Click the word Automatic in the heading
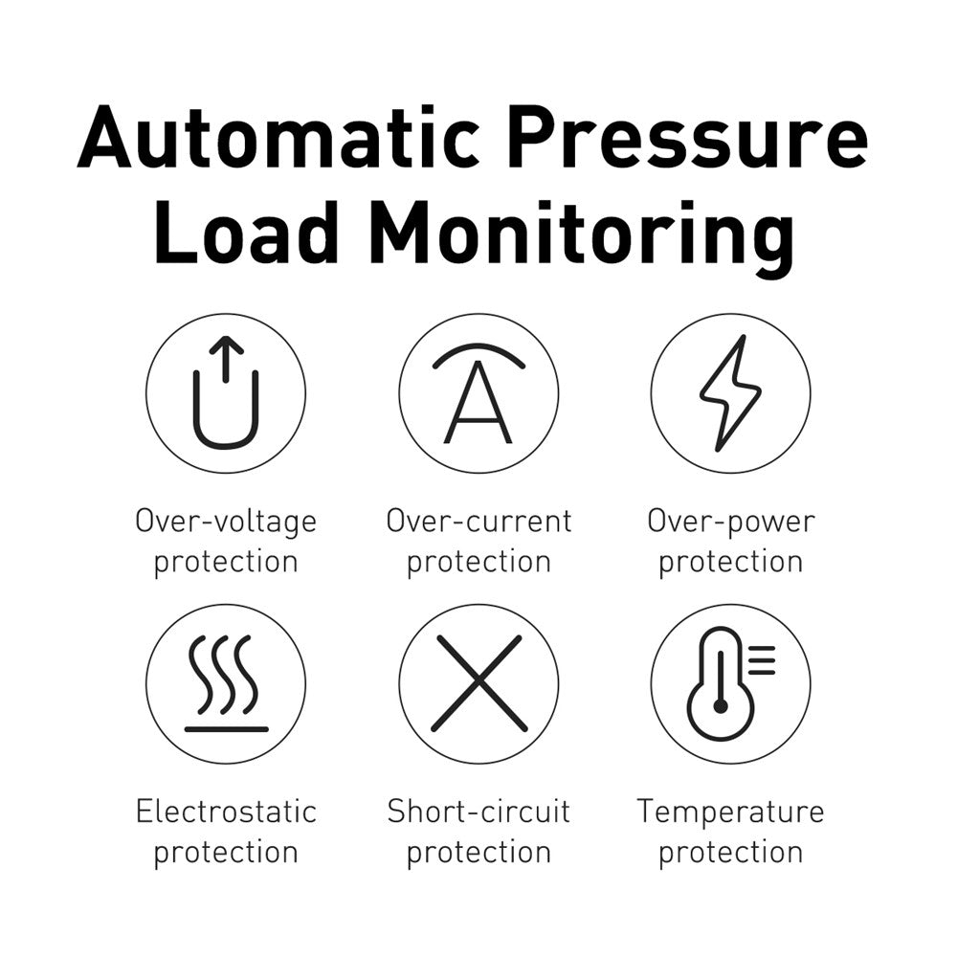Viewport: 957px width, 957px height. [x=278, y=137]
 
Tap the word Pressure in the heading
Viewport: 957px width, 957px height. [x=689, y=137]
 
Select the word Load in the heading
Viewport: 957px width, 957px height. [x=247, y=232]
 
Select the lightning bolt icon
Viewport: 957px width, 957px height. [x=730, y=393]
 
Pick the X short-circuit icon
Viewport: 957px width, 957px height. [x=478, y=683]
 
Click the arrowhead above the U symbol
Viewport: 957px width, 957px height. [x=226, y=345]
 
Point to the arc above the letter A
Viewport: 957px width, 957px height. [x=478, y=348]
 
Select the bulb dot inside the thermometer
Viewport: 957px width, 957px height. [x=721, y=707]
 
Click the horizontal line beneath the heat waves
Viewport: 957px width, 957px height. [x=227, y=729]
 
